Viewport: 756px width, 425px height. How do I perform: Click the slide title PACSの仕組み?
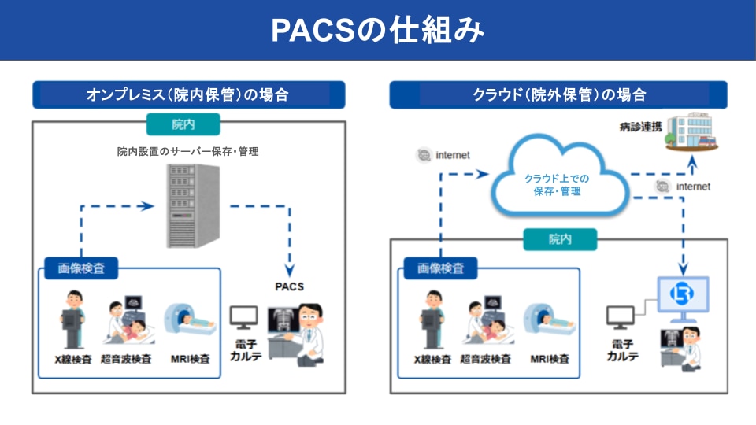pos(377,29)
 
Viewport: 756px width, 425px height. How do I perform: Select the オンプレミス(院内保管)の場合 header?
pos(187,95)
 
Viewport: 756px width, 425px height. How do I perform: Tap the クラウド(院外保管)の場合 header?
pos(558,95)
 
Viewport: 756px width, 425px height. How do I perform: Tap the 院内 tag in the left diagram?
pos(183,124)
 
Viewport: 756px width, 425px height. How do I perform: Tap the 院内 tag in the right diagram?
pos(560,239)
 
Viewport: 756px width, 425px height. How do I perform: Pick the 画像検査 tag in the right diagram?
pos(439,268)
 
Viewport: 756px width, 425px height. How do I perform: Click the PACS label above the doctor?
pos(289,286)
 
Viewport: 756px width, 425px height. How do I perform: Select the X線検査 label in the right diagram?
pos(432,360)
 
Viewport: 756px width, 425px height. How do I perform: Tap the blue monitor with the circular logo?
pos(682,297)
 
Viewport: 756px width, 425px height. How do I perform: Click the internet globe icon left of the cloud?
pos(424,155)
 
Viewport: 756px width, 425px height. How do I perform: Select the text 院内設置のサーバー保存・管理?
pos(187,151)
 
